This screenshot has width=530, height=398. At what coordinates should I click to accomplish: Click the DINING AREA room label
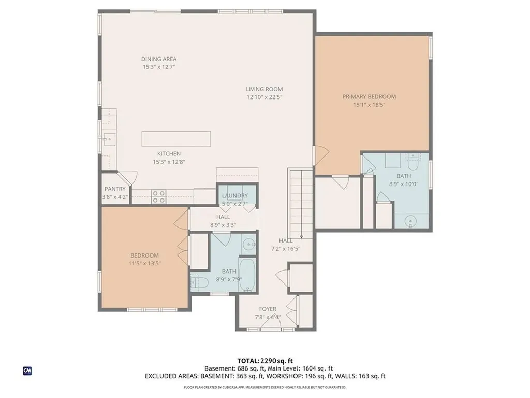[x=159, y=59]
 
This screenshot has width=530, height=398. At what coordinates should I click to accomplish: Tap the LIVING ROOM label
[x=264, y=89]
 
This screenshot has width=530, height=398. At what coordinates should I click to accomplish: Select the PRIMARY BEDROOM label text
[x=369, y=97]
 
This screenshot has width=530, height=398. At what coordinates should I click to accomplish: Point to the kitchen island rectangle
[x=176, y=139]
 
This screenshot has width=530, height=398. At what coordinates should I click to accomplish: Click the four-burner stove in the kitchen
[x=158, y=197]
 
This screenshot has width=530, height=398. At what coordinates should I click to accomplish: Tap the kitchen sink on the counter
[x=109, y=139]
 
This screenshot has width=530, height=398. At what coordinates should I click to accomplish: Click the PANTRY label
[x=115, y=189]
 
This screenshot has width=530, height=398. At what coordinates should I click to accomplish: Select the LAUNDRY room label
[x=235, y=195]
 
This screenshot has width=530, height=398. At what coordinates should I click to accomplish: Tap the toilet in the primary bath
[x=413, y=162]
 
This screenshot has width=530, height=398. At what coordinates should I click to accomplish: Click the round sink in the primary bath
[x=410, y=221]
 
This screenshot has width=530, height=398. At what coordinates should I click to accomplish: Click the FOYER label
[x=268, y=309]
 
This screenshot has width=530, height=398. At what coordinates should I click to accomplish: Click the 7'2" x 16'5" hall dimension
[x=286, y=249]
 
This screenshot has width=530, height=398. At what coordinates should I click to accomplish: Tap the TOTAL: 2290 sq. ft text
[x=265, y=361]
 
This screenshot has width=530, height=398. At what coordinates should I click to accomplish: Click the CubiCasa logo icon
[x=27, y=371]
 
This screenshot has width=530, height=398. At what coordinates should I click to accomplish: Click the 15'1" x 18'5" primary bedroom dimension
[x=369, y=105]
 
